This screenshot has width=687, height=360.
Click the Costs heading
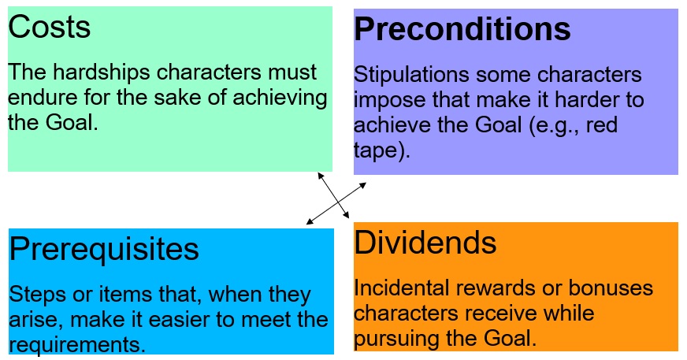[x=49, y=27]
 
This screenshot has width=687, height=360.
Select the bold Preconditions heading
[x=462, y=29]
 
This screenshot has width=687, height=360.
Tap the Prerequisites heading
[x=104, y=250]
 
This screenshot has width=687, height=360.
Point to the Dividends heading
[x=425, y=242]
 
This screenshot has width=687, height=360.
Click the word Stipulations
[x=411, y=75]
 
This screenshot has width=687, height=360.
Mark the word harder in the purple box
[x=587, y=100]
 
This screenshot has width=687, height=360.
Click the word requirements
[x=76, y=345]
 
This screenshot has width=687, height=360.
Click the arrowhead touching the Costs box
[x=321, y=176]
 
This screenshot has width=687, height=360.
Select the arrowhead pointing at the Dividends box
[x=346, y=214]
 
